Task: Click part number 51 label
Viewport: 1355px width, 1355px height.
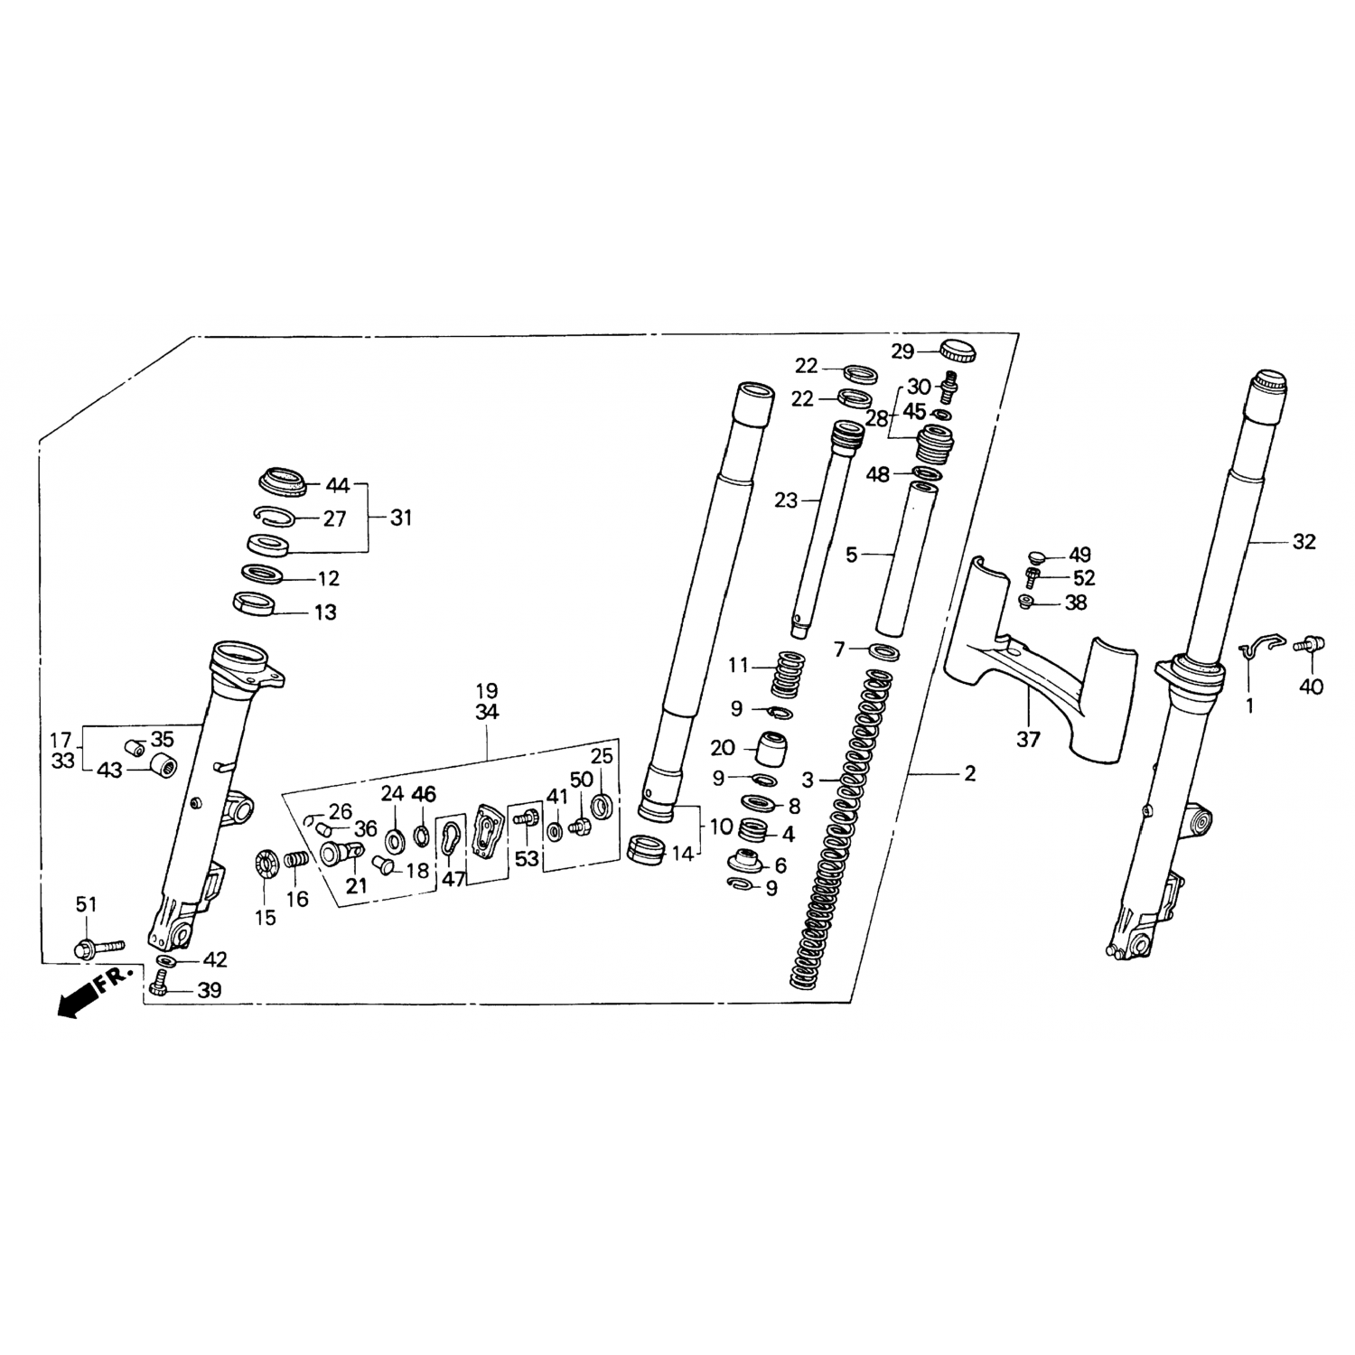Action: click(86, 905)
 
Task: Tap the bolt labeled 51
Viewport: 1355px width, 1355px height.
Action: click(97, 948)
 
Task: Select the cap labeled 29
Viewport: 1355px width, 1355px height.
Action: click(958, 349)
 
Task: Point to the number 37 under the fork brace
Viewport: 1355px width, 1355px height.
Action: click(1028, 740)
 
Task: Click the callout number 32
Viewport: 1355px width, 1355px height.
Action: click(1304, 542)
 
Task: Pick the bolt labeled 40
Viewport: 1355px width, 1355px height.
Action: click(1313, 645)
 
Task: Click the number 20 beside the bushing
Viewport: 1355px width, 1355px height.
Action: click(723, 748)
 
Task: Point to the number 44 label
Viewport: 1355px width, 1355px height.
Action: click(337, 486)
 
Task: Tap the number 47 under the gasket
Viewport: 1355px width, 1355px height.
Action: click(453, 879)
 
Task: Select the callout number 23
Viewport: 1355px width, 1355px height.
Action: click(786, 500)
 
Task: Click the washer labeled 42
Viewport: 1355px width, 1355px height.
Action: click(166, 958)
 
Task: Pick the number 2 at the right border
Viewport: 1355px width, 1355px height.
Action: click(969, 774)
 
